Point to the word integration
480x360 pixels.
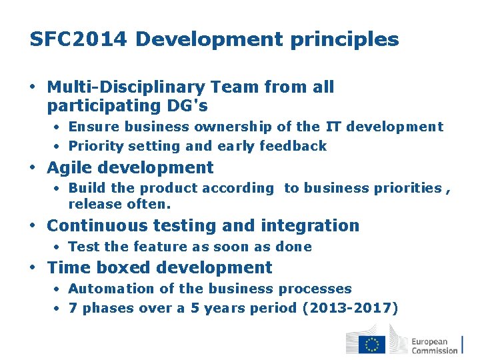click(311, 225)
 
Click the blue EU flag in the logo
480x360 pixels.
click(372, 344)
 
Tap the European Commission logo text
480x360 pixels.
click(435, 345)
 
